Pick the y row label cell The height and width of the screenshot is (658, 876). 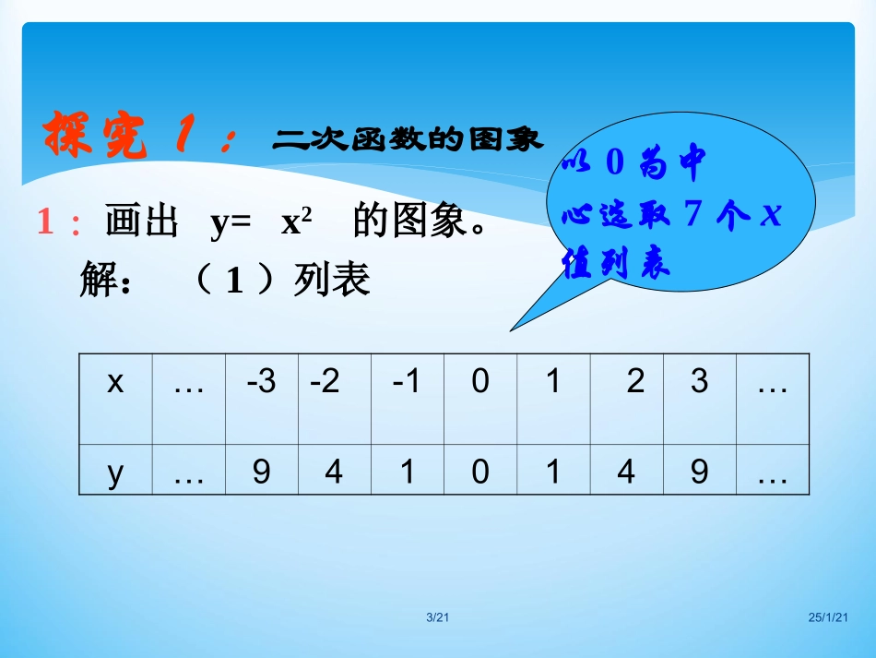click(115, 472)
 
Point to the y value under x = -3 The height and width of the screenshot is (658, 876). click(262, 472)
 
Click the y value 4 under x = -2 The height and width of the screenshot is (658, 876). click(334, 472)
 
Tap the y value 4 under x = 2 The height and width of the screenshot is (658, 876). click(626, 472)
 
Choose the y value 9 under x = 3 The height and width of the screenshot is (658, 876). click(700, 472)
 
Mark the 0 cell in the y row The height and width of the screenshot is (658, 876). click(480, 472)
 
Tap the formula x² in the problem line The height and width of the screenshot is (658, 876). click(296, 223)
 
